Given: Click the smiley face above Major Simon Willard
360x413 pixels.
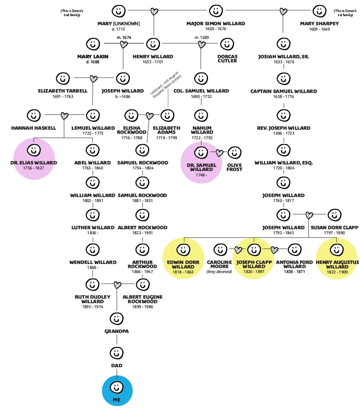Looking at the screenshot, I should (215, 11).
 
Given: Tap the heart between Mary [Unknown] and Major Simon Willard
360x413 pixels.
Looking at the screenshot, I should (154, 11).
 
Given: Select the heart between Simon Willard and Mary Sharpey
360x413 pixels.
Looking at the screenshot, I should (283, 11).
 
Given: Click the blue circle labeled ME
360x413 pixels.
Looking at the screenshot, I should (117, 391).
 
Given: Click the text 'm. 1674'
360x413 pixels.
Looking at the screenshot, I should (124, 38).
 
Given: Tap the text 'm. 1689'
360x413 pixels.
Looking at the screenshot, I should (202, 38).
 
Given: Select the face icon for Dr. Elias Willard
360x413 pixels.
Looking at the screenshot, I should (34, 150).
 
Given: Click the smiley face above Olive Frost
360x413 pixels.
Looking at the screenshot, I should (234, 153).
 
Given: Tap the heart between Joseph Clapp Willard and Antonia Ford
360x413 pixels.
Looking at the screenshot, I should (274, 250).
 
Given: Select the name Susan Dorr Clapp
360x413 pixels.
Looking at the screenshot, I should (334, 228).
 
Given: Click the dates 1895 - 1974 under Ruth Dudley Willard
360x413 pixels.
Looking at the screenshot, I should (92, 306).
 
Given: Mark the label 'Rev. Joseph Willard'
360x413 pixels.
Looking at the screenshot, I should (283, 128).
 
